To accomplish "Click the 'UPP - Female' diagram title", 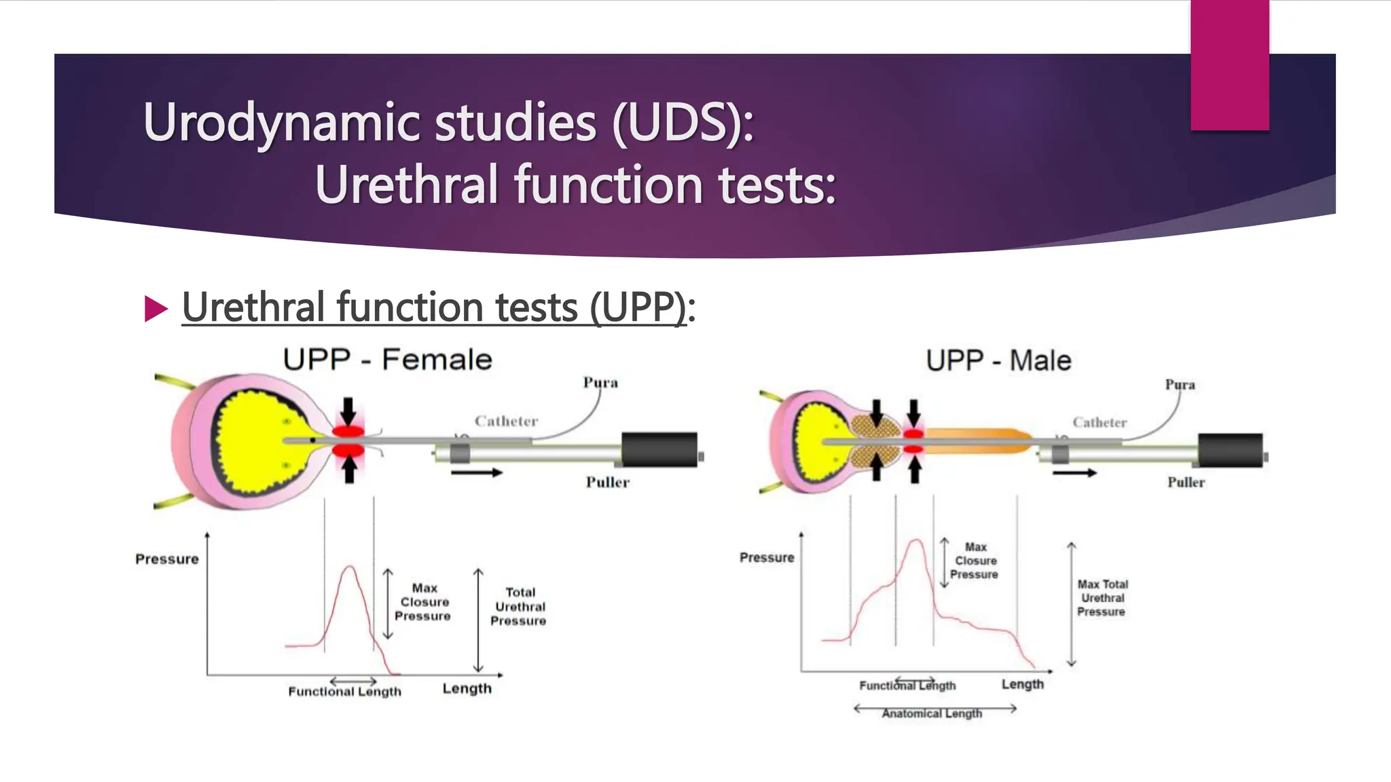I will click(x=387, y=359).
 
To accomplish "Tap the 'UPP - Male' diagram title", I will click(x=998, y=360).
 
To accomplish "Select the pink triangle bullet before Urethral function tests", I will click(x=156, y=309).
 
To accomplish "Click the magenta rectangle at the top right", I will click(x=1229, y=65).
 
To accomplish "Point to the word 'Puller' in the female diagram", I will click(x=607, y=482).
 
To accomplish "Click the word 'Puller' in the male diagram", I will click(x=1186, y=482).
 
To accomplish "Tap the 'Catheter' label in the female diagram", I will click(x=506, y=421).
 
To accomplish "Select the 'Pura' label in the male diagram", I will click(x=1180, y=384).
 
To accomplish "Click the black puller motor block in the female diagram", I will click(x=660, y=449).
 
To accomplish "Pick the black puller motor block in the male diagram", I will click(x=1230, y=450).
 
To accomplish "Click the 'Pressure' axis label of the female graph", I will click(x=167, y=559).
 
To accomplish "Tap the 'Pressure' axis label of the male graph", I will click(x=767, y=557).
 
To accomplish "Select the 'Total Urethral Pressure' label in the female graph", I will click(x=519, y=606).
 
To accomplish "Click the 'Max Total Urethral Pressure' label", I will click(x=1102, y=597).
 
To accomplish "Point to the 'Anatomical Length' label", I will click(x=932, y=713).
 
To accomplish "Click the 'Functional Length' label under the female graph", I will click(x=344, y=692).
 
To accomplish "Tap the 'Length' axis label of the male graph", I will click(x=1022, y=684).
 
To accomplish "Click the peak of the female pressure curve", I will click(x=350, y=567).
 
